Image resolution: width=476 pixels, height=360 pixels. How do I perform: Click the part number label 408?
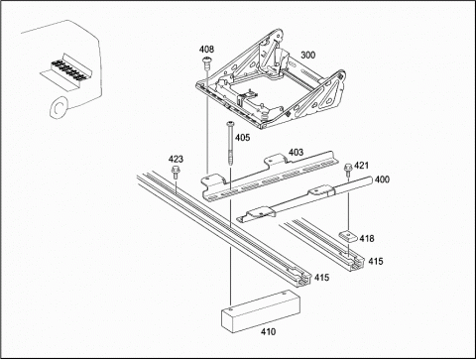coord(206,50)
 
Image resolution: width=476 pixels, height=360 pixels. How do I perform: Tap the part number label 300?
coord(307,55)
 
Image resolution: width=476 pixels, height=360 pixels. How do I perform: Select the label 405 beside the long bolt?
coord(242,138)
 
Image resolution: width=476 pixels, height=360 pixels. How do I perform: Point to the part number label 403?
coord(296,152)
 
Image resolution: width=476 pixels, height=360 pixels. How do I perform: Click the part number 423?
coord(176,159)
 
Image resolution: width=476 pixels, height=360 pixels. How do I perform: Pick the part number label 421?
coord(361,165)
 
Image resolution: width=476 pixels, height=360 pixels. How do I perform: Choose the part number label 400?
coord(382,180)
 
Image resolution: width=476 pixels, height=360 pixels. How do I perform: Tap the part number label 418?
coord(367,238)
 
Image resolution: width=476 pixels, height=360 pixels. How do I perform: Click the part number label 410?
coord(268,331)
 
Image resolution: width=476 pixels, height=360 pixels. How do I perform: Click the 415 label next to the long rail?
coord(321,278)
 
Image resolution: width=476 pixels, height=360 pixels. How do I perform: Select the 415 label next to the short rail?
coord(376,261)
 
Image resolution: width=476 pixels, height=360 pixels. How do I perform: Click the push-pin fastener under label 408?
coord(206,63)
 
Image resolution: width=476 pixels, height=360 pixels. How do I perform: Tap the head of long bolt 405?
coord(230,124)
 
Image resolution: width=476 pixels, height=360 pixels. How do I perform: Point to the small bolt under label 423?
coord(175,173)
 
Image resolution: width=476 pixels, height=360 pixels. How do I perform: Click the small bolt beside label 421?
coord(348,170)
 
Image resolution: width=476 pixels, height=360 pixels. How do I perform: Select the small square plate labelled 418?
coord(347,236)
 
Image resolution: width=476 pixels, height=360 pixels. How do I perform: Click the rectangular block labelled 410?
coord(261,310)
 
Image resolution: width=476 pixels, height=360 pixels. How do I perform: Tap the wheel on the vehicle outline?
coord(59,108)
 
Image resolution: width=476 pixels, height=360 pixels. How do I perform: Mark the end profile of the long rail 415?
coord(303,280)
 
